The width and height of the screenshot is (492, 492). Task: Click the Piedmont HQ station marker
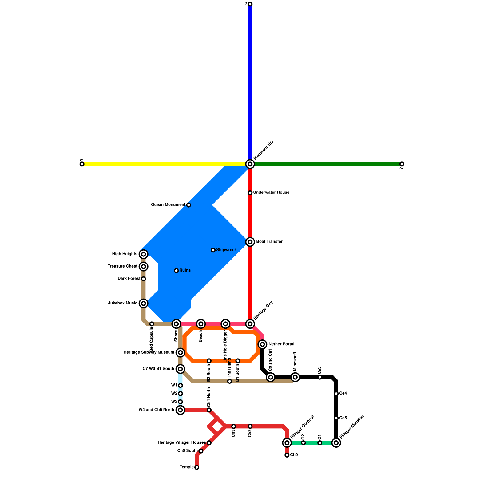point(250,164)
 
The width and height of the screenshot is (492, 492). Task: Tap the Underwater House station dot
point(250,192)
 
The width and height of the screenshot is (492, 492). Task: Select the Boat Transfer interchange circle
point(250,242)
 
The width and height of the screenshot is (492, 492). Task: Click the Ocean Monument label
point(168,205)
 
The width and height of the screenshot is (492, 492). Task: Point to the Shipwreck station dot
point(213,250)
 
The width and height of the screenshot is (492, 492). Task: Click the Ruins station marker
point(176,271)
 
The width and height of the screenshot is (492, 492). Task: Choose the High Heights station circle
point(143,254)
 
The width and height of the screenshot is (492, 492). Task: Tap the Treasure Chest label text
point(122,266)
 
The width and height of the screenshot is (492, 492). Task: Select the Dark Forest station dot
point(143,279)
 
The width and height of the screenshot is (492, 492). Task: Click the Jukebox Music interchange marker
point(143,303)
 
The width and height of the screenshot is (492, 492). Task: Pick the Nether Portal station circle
point(262,344)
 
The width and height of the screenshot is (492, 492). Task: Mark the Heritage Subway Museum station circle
point(181,352)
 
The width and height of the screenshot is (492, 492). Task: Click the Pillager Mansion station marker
point(336,443)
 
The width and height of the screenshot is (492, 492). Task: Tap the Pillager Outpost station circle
point(287,443)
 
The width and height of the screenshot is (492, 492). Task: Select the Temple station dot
point(197,467)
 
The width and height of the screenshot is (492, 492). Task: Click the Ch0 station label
point(294,455)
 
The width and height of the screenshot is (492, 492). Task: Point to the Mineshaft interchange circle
point(295,377)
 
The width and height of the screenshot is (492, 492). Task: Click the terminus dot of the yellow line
point(82,164)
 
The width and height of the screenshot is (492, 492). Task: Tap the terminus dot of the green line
point(402,164)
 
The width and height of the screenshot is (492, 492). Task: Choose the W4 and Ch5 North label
point(156,410)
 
